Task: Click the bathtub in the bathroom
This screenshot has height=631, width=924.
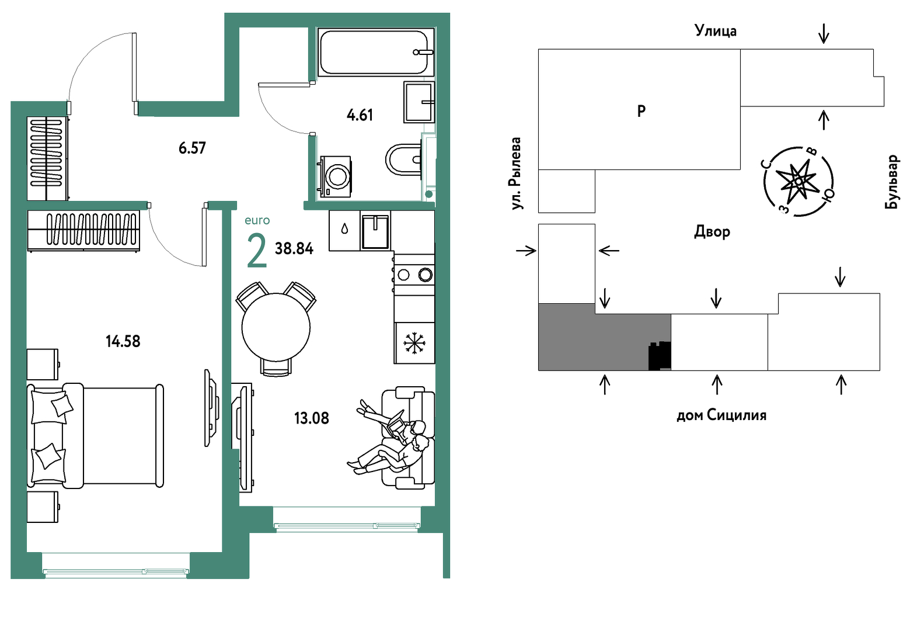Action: (376, 52)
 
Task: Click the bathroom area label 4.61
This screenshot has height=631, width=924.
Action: (360, 115)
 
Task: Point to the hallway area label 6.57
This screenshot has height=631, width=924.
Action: (192, 148)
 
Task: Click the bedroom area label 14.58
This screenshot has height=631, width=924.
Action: (123, 342)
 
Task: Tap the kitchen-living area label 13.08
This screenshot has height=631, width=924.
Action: (312, 418)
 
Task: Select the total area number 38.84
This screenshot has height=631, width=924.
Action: (294, 248)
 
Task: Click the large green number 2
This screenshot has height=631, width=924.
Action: (257, 251)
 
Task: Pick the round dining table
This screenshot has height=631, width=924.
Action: (276, 327)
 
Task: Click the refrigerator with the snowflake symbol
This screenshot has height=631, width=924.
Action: (414, 343)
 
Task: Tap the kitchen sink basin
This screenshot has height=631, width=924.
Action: (375, 232)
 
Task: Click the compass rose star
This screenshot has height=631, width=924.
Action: (799, 181)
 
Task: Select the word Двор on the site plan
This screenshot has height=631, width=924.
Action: (712, 232)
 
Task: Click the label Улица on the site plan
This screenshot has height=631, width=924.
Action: (715, 30)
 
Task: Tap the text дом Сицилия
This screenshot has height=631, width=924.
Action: (721, 415)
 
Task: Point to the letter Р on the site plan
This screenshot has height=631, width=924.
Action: (641, 111)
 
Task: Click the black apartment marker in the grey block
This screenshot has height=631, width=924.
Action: (660, 356)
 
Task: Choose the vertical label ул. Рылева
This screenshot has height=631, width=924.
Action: (517, 174)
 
